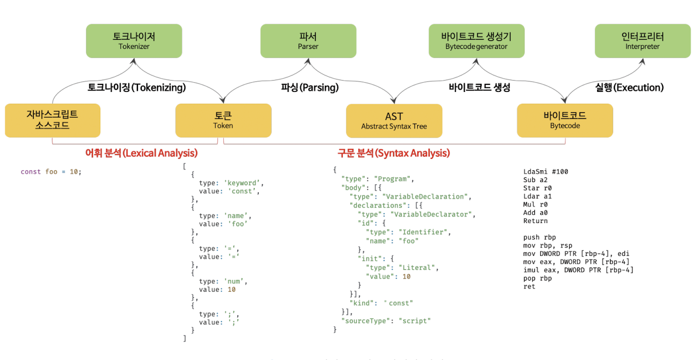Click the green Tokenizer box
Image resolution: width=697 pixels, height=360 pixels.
click(134, 41)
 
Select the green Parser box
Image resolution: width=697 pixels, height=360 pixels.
click(308, 41)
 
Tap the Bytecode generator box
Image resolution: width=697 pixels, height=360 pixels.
click(476, 41)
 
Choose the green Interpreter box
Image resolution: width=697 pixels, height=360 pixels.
click(642, 41)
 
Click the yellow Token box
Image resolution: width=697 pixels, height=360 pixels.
click(223, 120)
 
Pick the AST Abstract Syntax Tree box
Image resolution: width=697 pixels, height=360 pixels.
click(394, 120)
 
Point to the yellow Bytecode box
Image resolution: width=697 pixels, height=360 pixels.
click(565, 120)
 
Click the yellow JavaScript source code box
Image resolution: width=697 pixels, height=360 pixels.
click(53, 120)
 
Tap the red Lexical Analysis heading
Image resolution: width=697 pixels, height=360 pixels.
click(142, 153)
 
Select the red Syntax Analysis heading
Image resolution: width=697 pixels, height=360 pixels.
click(394, 153)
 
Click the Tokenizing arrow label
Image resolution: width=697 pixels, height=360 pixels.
click(137, 87)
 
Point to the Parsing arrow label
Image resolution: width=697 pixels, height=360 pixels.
click(310, 87)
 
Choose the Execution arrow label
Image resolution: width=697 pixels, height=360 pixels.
click(629, 87)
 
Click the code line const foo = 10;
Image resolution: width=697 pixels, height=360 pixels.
click(51, 172)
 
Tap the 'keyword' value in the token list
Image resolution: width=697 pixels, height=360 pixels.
click(243, 183)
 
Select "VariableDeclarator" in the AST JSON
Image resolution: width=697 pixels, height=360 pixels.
click(433, 214)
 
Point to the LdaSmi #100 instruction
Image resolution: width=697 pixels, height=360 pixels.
click(546, 172)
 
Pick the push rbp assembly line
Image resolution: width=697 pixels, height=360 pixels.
click(540, 237)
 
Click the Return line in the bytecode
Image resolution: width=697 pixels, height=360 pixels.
click(535, 221)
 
